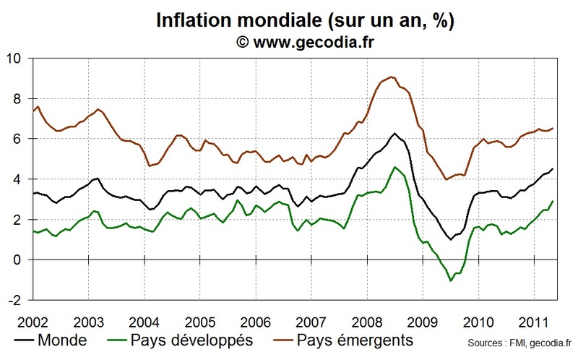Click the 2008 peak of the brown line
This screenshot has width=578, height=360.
pos(391,77)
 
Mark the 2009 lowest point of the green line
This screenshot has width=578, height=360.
pos(452,280)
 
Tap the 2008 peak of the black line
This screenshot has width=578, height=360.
pos(394,134)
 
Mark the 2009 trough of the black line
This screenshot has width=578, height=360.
pos(450,239)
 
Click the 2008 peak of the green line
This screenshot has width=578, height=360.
pos(394,167)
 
